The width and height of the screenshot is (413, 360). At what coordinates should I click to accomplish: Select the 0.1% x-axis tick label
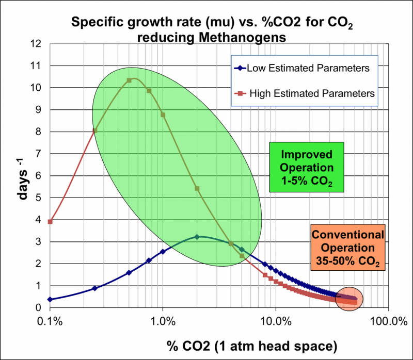coord(50,320)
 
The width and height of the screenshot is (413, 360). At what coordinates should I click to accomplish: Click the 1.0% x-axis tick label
coord(163,320)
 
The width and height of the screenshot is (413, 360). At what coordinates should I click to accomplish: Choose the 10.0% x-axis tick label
coord(275,320)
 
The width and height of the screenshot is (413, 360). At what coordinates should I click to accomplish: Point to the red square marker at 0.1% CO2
coord(50,222)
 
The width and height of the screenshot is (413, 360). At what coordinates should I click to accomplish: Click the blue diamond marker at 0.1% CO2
coord(50,299)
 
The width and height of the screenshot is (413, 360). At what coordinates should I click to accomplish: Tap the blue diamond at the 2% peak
coord(197,237)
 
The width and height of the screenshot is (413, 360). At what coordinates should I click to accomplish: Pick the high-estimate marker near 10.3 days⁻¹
coord(129,80)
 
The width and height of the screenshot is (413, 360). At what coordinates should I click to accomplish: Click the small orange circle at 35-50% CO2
coord(349,298)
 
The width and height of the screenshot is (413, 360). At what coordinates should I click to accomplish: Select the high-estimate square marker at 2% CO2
coord(197,188)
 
